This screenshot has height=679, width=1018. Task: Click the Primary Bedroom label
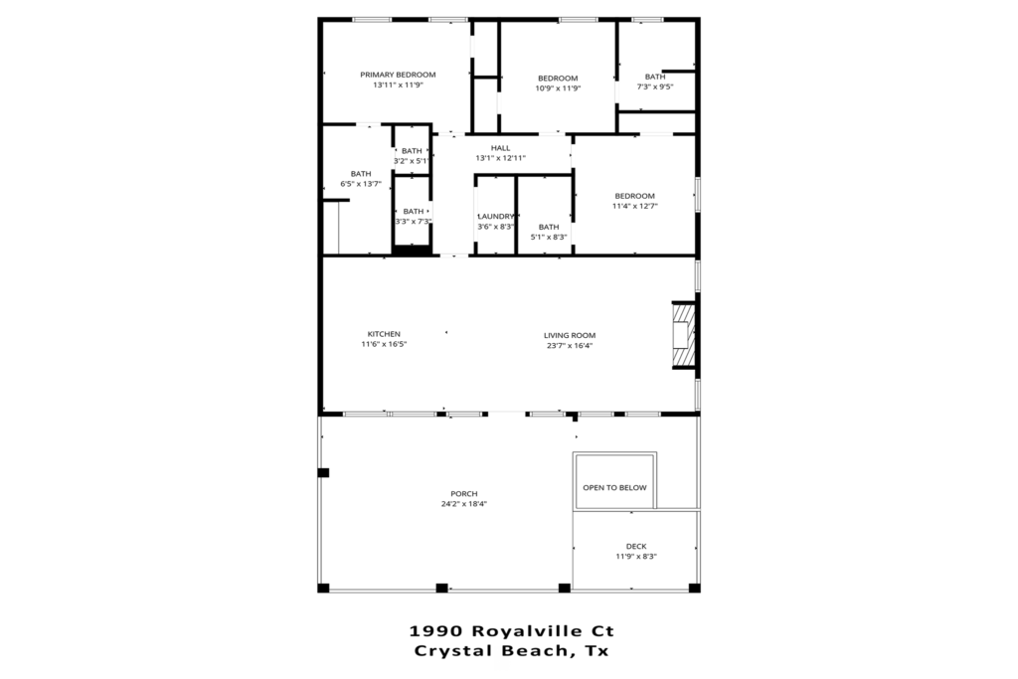pos(398,75)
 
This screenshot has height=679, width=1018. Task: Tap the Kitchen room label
pos(384,334)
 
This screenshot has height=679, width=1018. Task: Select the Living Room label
pos(570,336)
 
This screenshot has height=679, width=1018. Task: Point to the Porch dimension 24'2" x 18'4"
pos(464,504)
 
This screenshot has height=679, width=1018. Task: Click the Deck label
pos(636,547)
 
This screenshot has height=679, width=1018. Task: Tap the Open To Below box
pos(614,480)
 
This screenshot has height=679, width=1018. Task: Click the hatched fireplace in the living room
pos(683,335)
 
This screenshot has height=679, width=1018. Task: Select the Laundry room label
pos(496,216)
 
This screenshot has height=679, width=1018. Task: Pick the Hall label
pos(501,148)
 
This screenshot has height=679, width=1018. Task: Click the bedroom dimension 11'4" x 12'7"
pos(635,207)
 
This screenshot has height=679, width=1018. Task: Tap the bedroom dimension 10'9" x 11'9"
pos(558,88)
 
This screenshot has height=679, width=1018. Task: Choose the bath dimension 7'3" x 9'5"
pos(655,86)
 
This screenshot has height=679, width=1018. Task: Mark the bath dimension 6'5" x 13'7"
pos(361,184)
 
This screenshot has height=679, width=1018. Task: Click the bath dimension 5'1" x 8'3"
pos(549,237)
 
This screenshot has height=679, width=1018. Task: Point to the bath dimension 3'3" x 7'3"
pos(414,222)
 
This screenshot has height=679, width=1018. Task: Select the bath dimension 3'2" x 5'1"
pos(412,161)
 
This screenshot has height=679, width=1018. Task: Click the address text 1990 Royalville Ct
pos(512,631)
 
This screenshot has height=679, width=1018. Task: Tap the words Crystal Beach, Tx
pos(512,651)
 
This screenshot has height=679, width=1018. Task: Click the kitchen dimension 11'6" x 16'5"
pos(384,345)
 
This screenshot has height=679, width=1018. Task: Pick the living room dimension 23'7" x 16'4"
pos(570,346)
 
